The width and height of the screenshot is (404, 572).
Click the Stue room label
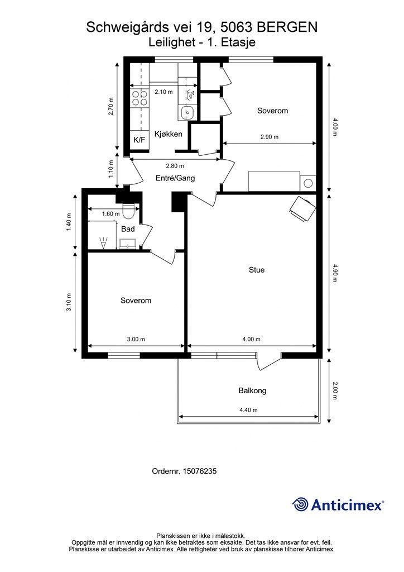click(257, 270)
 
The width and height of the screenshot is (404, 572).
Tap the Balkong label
click(252, 390)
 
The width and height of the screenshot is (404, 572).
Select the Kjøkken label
click(169, 134)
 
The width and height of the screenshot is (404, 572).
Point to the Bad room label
click(128, 229)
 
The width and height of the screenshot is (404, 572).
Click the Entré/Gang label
click(175, 178)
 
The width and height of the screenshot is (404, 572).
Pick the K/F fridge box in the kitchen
click(140, 140)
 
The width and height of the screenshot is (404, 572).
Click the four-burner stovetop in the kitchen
click(140, 98)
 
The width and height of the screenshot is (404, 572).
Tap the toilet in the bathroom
click(128, 211)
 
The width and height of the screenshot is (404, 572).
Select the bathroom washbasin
click(127, 244)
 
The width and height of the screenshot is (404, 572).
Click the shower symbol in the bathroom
click(104, 242)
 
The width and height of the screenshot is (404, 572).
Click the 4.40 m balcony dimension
click(248, 410)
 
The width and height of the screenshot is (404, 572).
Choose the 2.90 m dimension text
click(269, 137)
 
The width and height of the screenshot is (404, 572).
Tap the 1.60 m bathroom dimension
click(110, 214)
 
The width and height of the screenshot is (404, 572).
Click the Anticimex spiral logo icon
click(300, 504)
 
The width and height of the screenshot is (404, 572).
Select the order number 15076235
click(200, 471)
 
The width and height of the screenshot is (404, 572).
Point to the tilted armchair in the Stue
click(302, 208)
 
